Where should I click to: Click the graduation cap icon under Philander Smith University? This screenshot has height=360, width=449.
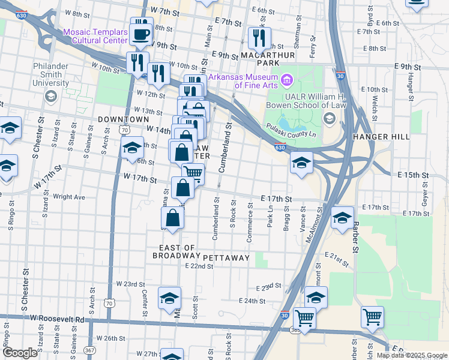click(x=51, y=96)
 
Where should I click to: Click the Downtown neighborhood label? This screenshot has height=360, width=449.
click(x=123, y=119)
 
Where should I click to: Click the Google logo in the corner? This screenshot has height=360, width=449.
click(x=20, y=353)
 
